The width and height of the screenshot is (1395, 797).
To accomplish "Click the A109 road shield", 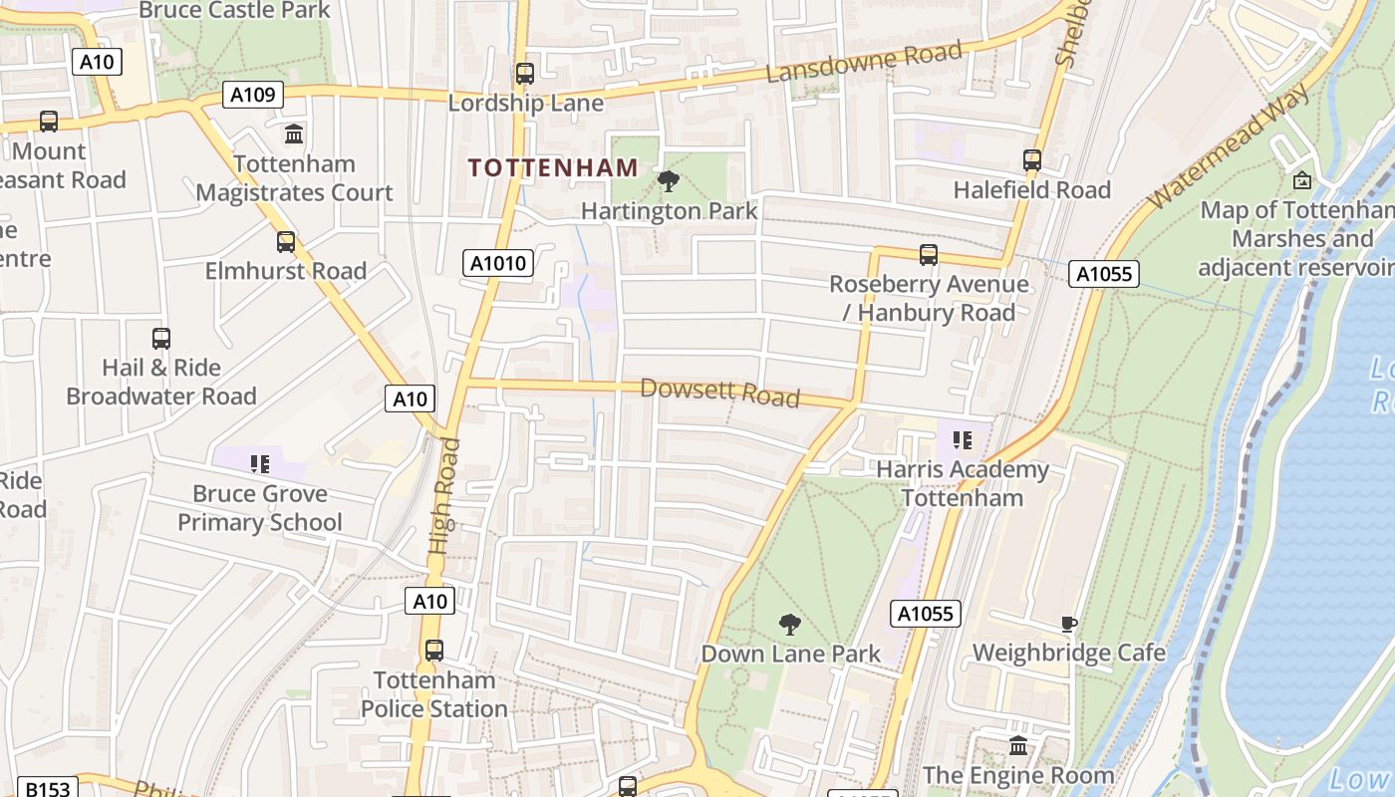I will (x=253, y=95).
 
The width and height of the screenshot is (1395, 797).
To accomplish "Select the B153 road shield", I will (x=47, y=788).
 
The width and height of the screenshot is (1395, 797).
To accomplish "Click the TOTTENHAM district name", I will (x=553, y=167).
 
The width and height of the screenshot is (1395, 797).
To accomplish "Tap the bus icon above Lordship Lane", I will (x=525, y=74).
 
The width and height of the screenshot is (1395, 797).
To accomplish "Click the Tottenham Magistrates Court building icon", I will (x=294, y=134).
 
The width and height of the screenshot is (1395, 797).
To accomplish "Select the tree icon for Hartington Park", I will (x=669, y=181).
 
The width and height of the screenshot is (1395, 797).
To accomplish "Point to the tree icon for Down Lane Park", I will (x=790, y=625).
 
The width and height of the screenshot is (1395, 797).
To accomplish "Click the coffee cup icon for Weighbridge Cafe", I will (x=1069, y=625).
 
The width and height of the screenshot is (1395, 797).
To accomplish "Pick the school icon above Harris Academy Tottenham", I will (x=963, y=439).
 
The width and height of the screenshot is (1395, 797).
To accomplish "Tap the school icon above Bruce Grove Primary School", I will (x=260, y=464).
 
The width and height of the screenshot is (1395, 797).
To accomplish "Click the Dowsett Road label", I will (x=719, y=393).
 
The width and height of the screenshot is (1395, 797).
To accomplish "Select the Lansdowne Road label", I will (x=864, y=62).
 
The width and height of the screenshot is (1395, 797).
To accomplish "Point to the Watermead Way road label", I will (x=1228, y=146).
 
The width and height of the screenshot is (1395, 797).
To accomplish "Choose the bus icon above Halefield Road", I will (x=1032, y=160).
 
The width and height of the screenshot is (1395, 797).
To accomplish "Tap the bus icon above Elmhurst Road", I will (x=286, y=242).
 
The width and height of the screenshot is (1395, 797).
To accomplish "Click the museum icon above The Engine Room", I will (x=1018, y=745).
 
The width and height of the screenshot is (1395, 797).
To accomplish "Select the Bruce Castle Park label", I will (x=234, y=11).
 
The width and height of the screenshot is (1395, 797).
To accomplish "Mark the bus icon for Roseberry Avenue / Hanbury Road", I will (x=929, y=255).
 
